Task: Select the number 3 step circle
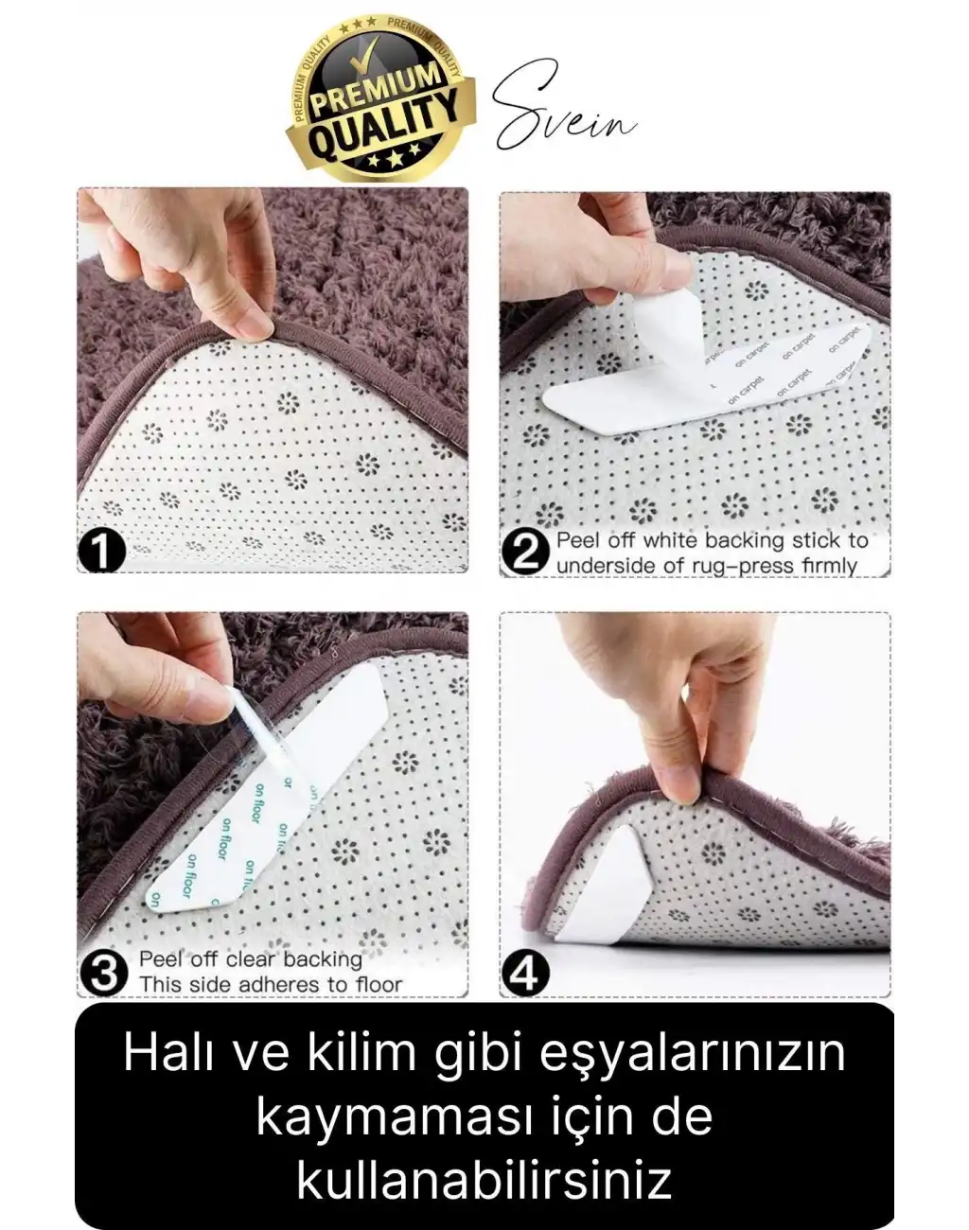[x=102, y=972]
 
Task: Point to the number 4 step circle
[x=523, y=973]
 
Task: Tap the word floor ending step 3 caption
[x=378, y=984]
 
